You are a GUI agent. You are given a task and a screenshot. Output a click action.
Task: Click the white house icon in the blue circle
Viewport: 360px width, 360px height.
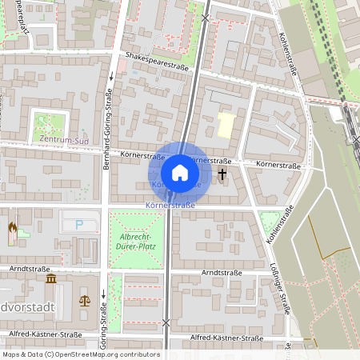[180, 173]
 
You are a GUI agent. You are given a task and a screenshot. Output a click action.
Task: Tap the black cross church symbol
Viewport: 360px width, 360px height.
[222, 172]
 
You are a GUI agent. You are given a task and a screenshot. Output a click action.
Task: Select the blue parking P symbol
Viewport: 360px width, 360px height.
[78, 226]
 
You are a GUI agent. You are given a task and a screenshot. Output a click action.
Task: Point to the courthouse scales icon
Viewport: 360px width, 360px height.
[85, 301]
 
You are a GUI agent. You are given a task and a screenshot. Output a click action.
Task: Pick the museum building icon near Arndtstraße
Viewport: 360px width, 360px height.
[51, 279]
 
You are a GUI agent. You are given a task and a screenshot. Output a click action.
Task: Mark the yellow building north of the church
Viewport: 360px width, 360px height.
[227, 125]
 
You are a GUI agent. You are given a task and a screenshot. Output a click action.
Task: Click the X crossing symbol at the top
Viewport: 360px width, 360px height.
[206, 17]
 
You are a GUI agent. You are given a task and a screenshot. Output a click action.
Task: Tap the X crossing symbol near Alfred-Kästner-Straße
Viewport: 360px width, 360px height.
[166, 322]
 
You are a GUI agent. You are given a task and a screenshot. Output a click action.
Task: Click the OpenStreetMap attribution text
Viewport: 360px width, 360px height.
[80, 354]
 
